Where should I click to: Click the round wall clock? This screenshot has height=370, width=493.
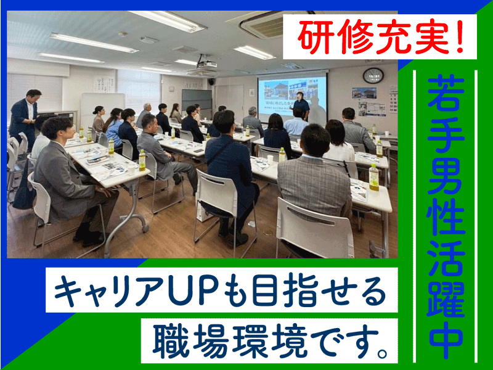point(373,75)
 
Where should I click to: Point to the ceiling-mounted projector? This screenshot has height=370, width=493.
point(205,64)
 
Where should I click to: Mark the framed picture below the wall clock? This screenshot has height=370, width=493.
point(364,93)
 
